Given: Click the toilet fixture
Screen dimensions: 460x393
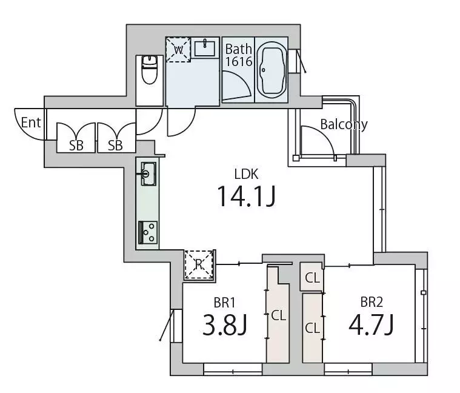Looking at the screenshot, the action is pyautogui.click(x=150, y=70).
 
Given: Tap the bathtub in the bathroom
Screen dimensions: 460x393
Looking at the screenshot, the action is pyautogui.click(x=272, y=70).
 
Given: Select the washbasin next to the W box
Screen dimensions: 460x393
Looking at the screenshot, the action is pyautogui.click(x=205, y=47).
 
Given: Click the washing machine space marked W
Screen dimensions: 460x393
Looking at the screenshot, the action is pyautogui.click(x=178, y=50).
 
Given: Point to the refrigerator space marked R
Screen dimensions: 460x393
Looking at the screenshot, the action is pyautogui.click(x=199, y=265).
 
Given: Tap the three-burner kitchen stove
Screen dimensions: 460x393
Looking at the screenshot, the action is pyautogui.click(x=148, y=233).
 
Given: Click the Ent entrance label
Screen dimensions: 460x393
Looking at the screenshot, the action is pyautogui.click(x=31, y=123).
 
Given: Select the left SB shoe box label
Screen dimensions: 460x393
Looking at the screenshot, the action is pyautogui.click(x=76, y=146).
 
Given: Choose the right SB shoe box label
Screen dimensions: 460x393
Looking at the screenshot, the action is pyautogui.click(x=115, y=146).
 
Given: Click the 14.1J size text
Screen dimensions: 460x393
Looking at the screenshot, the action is pyautogui.click(x=246, y=196).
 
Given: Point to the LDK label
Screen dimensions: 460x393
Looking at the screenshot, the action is pyautogui.click(x=247, y=174).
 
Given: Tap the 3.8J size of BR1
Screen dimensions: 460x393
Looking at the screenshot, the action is pyautogui.click(x=225, y=324).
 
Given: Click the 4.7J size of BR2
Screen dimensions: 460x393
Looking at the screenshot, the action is pyautogui.click(x=371, y=324).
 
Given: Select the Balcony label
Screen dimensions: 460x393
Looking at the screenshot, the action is pyautogui.click(x=344, y=124).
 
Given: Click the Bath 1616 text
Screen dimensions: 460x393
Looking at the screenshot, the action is pyautogui.click(x=239, y=55).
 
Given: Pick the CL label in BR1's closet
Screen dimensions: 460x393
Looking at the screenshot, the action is pyautogui.click(x=278, y=315).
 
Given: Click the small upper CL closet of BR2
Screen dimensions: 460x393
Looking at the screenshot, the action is pyautogui.click(x=312, y=278).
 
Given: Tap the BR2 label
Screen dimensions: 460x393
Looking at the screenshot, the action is pyautogui.click(x=372, y=302).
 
